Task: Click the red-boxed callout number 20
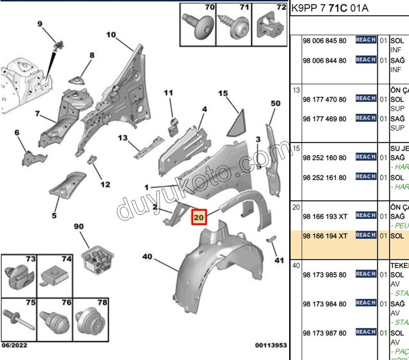[x=199, y=218]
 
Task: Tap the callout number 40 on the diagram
[x=147, y=257]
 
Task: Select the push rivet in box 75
[x=19, y=319]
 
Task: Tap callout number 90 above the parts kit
[x=78, y=226]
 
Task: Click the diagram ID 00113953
[x=271, y=345]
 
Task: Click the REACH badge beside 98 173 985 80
[x=366, y=274]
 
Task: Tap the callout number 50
[x=275, y=103]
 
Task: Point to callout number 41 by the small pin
[x=279, y=260]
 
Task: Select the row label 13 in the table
[x=296, y=90]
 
